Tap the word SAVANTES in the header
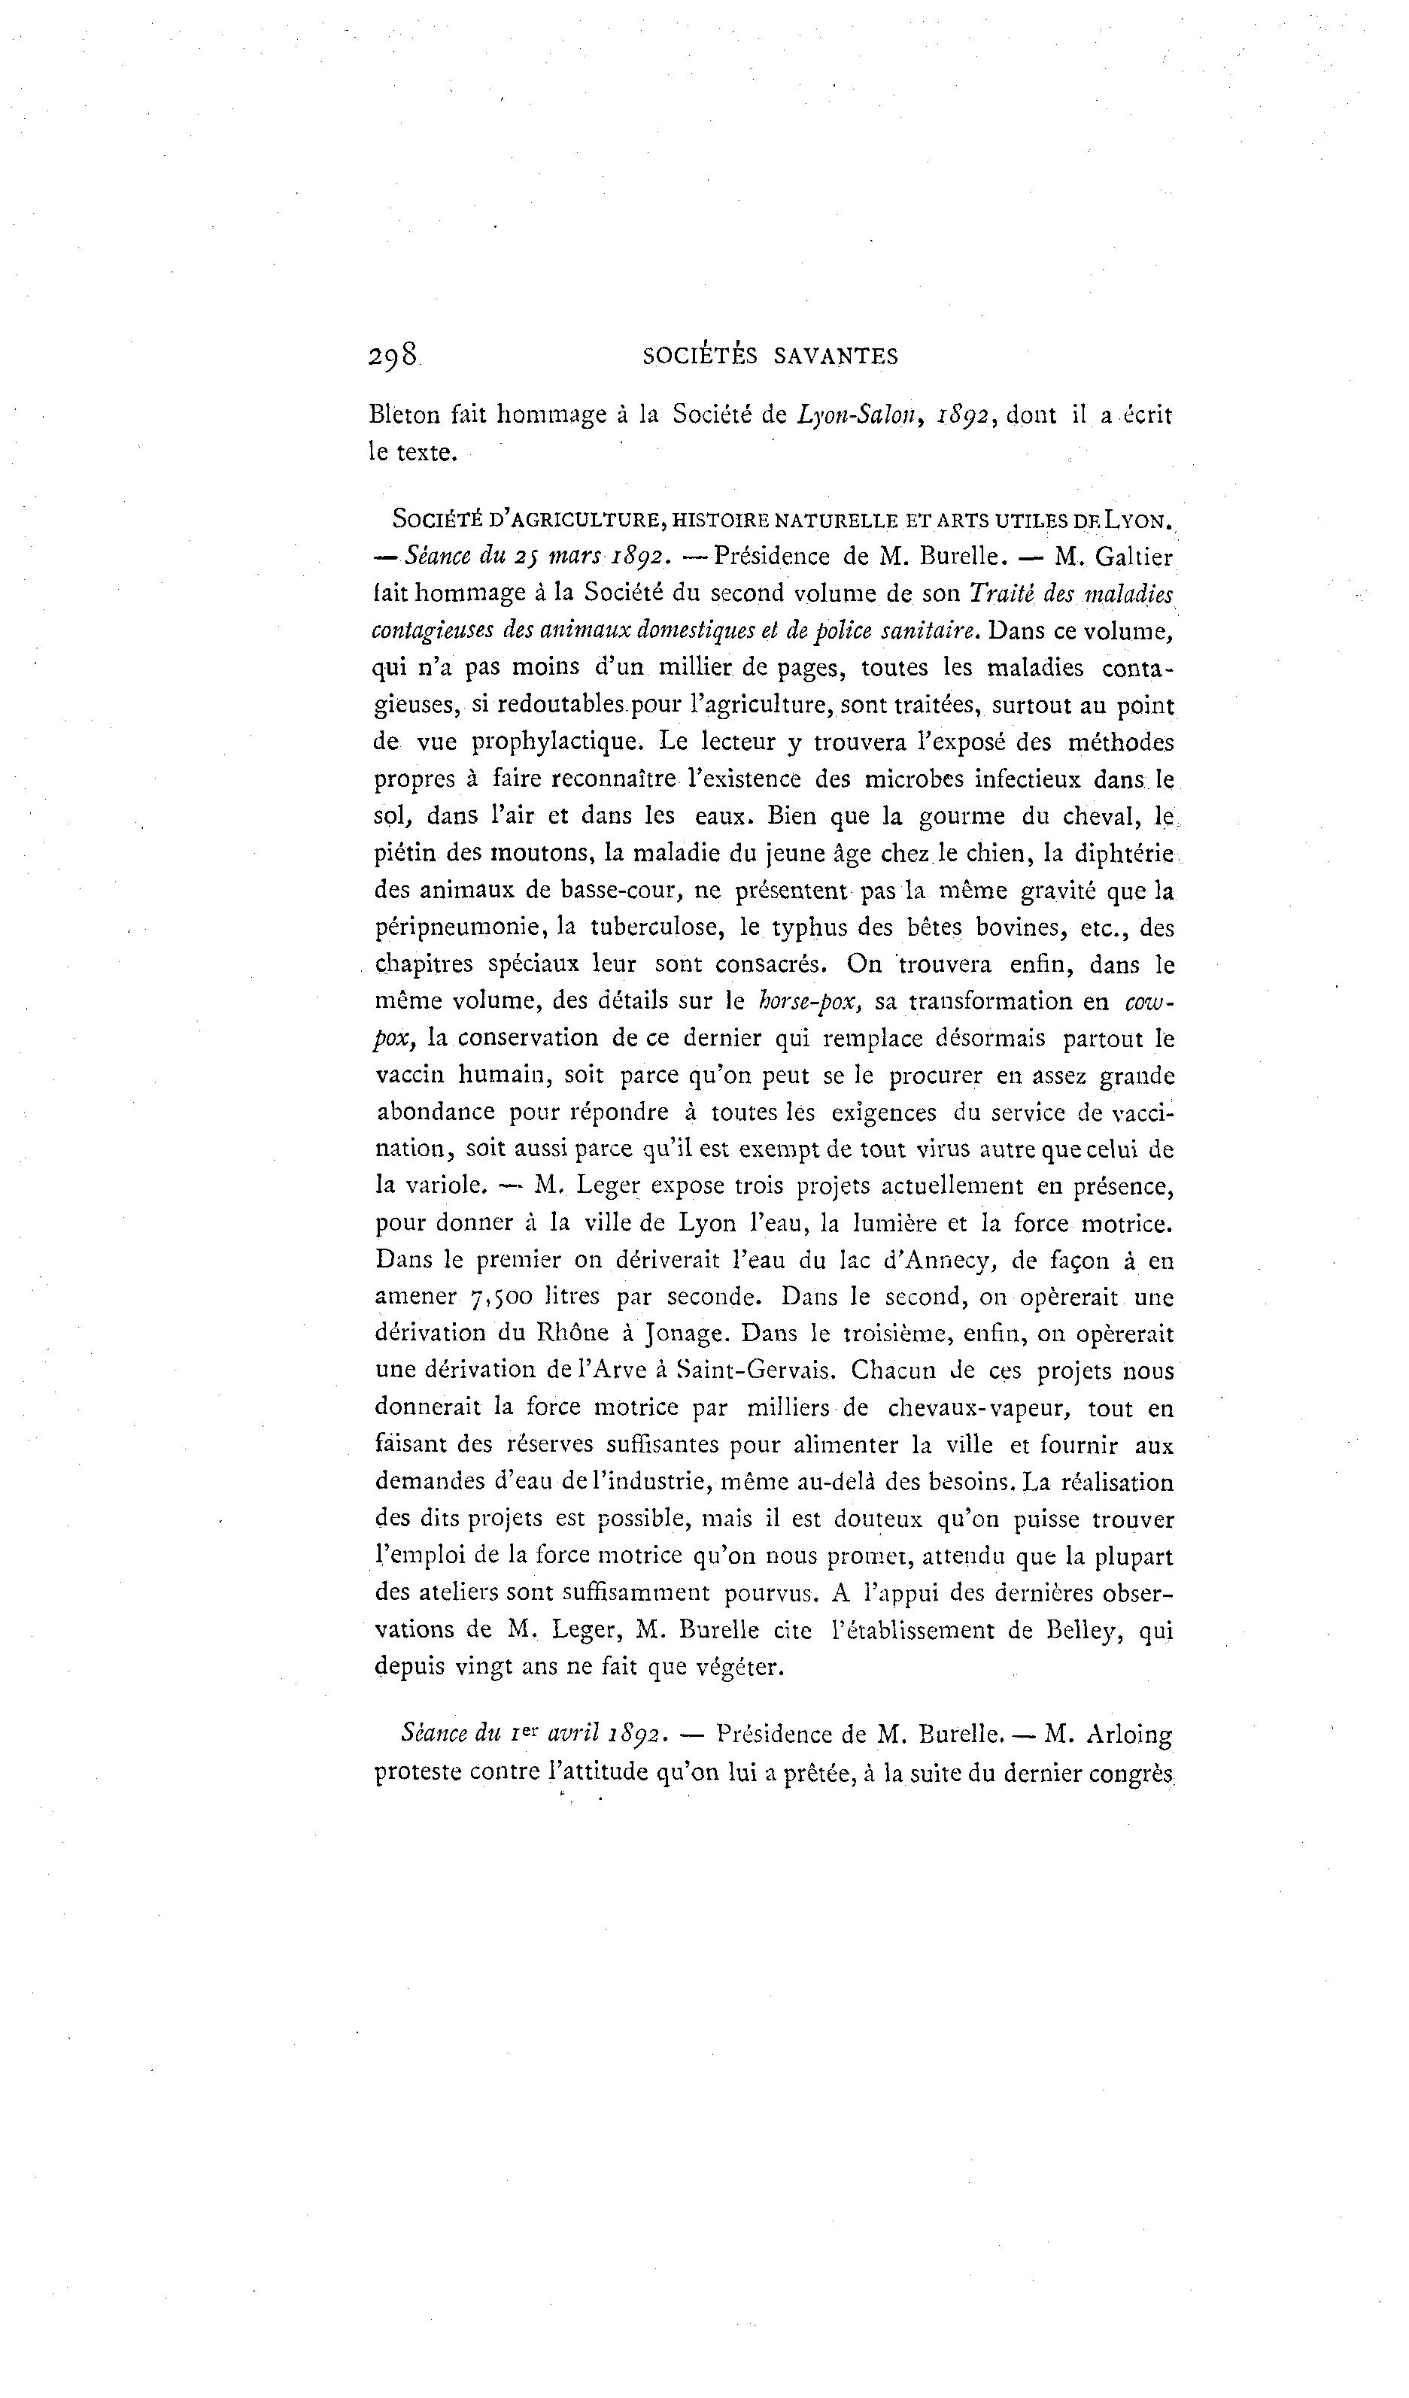(x=837, y=357)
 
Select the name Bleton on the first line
(x=405, y=415)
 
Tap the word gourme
(x=962, y=815)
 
